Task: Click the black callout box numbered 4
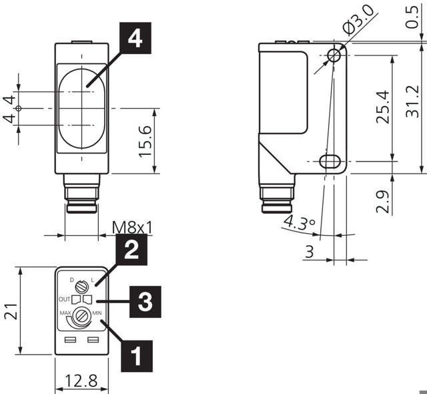tap(135, 39)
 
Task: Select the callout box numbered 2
tap(131, 250)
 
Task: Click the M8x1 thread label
tap(131, 228)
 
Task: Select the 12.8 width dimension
tap(80, 381)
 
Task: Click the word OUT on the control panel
tap(65, 299)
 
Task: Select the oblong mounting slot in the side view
tap(328, 161)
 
